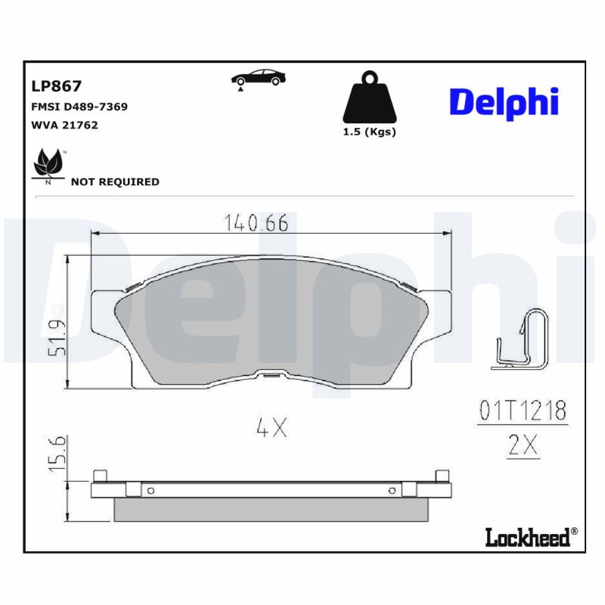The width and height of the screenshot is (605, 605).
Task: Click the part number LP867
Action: [56, 86]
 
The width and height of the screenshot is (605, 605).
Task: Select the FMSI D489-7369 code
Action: [79, 107]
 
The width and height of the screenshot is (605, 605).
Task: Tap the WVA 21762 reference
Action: [64, 125]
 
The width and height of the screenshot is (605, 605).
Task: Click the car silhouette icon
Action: [257, 79]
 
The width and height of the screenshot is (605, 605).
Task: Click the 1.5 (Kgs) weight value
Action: [370, 132]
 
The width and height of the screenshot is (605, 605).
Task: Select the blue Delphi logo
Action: [504, 102]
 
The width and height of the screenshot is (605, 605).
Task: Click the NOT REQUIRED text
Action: [115, 181]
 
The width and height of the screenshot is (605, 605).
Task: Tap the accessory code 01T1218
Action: [522, 411]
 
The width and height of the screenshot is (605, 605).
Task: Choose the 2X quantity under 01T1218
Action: [522, 446]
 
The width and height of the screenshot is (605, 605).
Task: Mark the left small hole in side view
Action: [150, 490]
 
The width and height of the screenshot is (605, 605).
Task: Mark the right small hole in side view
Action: [392, 490]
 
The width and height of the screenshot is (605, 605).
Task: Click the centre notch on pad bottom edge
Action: [270, 373]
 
